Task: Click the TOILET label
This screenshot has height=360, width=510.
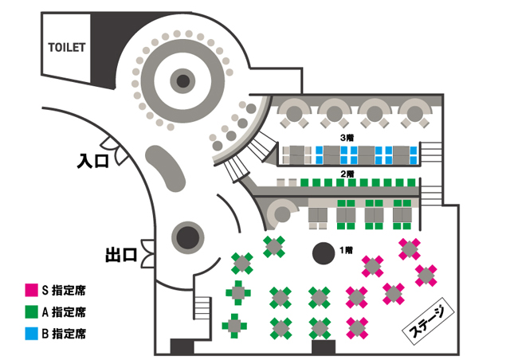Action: [66, 46]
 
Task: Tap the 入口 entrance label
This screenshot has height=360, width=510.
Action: [92, 161]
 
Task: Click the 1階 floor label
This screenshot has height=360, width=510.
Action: [346, 250]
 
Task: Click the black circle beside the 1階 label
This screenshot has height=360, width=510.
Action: [322, 253]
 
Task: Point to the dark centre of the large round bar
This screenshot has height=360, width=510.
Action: [183, 80]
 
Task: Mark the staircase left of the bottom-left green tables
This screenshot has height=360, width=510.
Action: [202, 310]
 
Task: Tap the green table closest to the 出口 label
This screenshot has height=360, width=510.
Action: [242, 262]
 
